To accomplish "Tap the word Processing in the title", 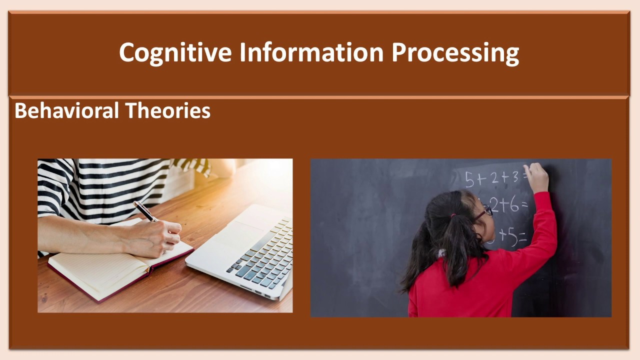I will tap(455, 52).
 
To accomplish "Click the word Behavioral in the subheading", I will tap(66, 110).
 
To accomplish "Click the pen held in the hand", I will tap(145, 211).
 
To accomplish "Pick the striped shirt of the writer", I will tap(100, 185).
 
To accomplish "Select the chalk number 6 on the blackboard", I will tap(514, 205).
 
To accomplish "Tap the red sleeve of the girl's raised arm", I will tap(542, 225).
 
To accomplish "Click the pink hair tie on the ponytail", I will tap(453, 216).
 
